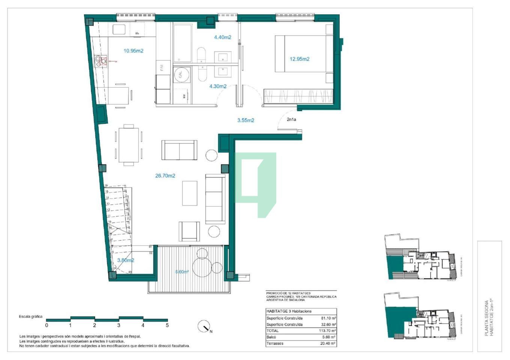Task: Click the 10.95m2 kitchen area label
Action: (133, 51)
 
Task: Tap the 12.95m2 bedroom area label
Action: (299, 59)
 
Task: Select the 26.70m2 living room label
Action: (165, 175)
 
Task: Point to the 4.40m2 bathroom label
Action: (223, 37)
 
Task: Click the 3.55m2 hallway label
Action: (245, 120)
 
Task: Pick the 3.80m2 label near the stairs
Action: (125, 260)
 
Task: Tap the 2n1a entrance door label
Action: (291, 120)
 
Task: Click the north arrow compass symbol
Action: (204, 327)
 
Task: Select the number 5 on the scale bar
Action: (167, 325)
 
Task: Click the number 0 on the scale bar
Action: (47, 325)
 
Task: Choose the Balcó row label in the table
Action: (271, 337)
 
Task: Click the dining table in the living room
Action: (128, 145)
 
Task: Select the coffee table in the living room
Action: (190, 193)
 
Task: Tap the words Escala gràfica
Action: (31, 316)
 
